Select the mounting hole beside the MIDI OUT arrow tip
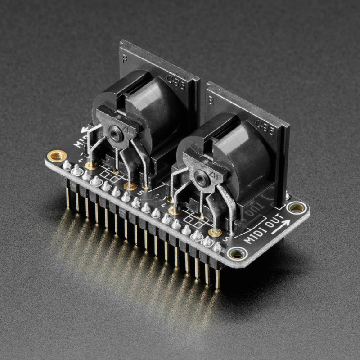pos(296,207)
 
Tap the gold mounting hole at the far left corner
pos(57,156)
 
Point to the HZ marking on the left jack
pos(127,132)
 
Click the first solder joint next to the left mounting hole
pos(67,165)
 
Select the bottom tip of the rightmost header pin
pos(218,287)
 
